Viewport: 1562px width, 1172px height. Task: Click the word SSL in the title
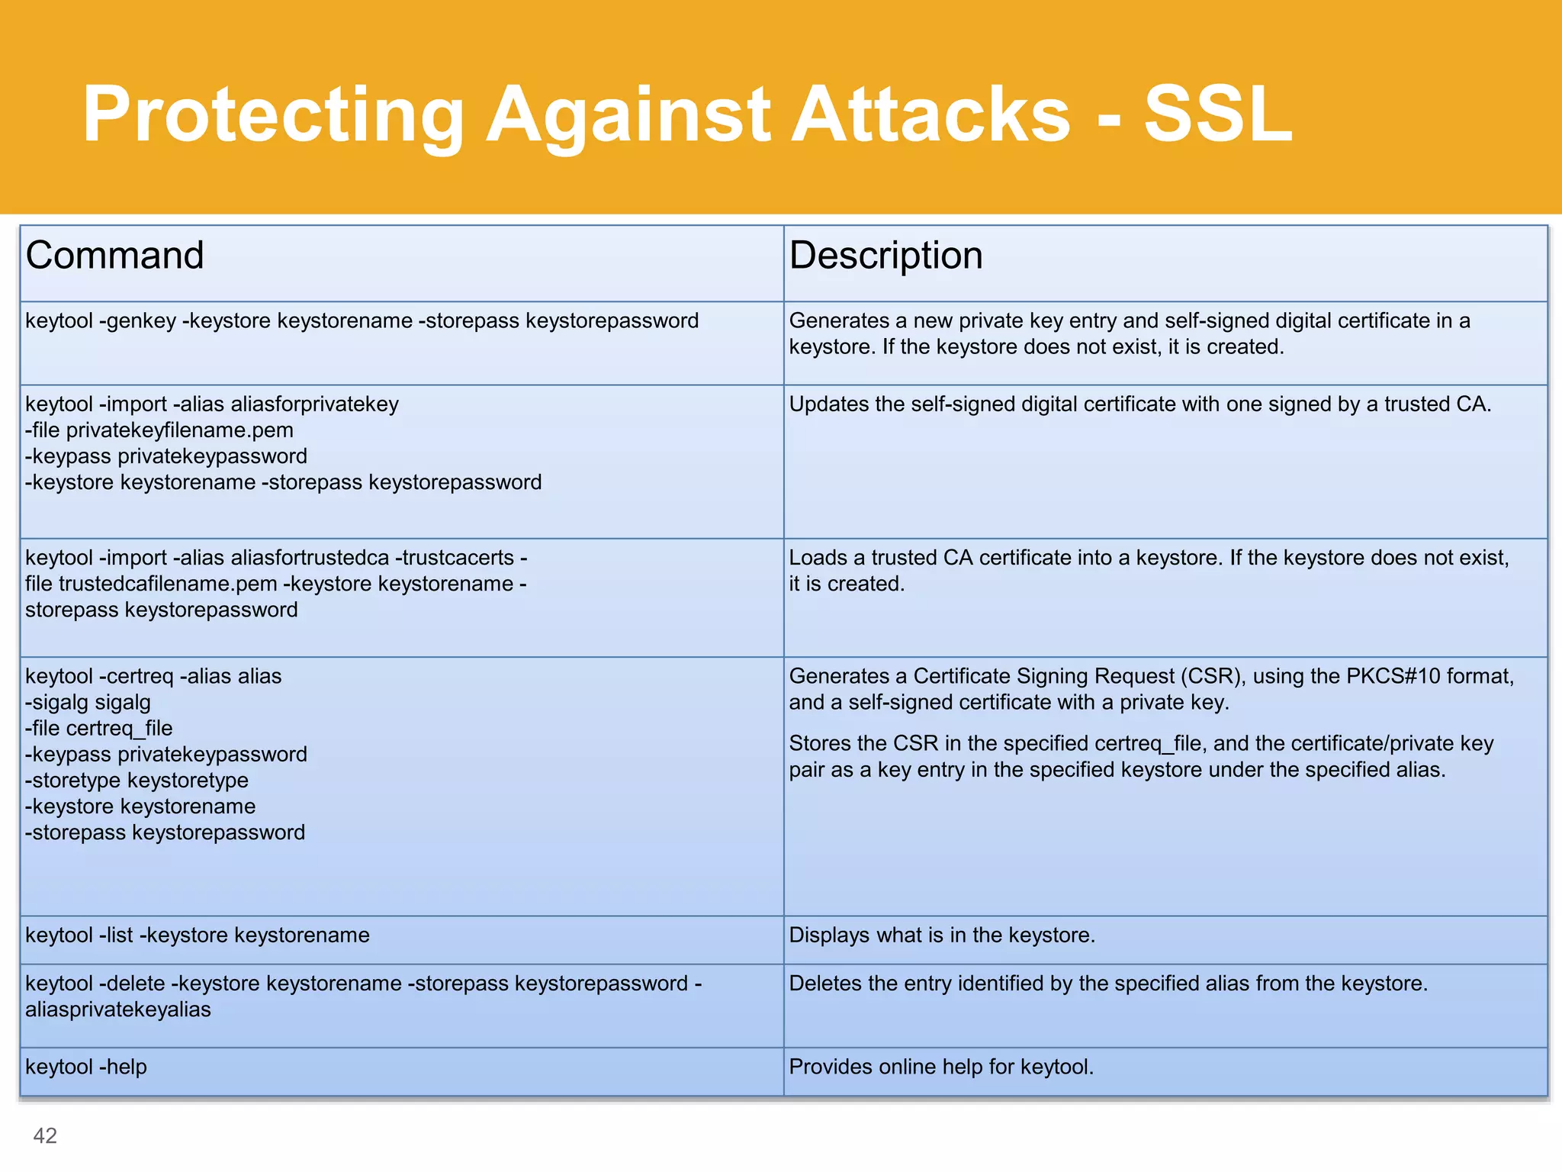[x=1217, y=114]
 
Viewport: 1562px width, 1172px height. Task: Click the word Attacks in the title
[x=930, y=114]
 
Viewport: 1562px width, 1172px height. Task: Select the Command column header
[x=115, y=256]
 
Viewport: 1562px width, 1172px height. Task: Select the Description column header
[x=885, y=256]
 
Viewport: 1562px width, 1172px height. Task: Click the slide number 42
[x=45, y=1135]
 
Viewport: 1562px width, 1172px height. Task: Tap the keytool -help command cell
[x=86, y=1067]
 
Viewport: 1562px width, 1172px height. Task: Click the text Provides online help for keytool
[x=941, y=1067]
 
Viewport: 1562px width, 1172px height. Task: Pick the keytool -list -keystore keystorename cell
[x=198, y=935]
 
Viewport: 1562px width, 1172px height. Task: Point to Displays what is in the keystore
[x=942, y=935]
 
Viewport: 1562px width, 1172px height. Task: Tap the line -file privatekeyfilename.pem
[x=159, y=430]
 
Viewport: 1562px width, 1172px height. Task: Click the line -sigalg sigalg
[x=88, y=702]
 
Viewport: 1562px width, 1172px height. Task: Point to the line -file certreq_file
[x=99, y=728]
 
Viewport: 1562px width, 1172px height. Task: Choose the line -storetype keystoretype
[x=137, y=781]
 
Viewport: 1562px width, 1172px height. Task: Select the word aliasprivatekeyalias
[x=118, y=1009]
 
